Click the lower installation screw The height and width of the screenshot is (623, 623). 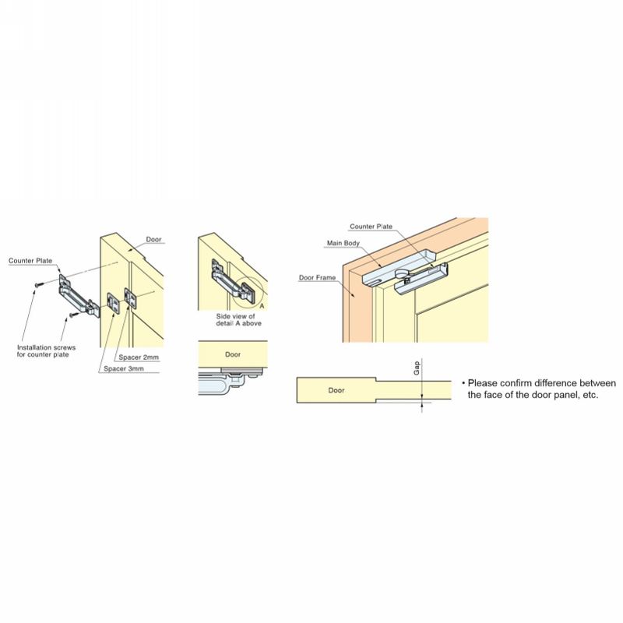point(69,315)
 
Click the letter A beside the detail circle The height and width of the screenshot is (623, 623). point(262,306)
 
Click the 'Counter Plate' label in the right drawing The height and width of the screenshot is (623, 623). point(371,226)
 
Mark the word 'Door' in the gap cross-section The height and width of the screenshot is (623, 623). point(336,389)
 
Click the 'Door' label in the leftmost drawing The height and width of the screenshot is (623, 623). point(153,240)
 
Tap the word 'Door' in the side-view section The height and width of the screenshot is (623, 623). point(232,354)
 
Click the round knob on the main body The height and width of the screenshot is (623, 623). point(403,273)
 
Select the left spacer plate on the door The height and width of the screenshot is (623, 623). point(114,302)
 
